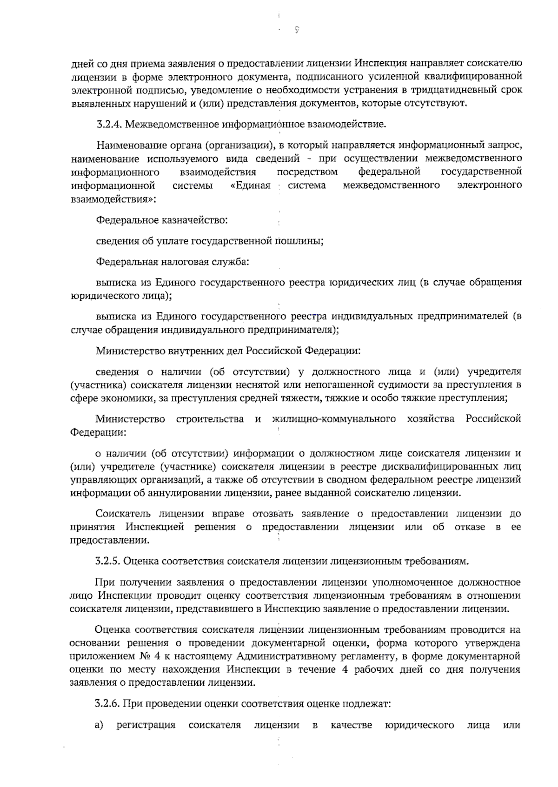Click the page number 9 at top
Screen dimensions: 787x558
tap(297, 30)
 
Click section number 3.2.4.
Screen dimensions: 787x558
tap(109, 125)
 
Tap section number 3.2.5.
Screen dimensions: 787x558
tap(108, 561)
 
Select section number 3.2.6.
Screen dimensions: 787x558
tap(108, 704)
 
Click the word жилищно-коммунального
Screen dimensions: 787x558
tap(333, 419)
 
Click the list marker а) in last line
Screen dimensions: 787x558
tap(99, 726)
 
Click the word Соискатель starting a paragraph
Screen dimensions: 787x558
tap(123, 514)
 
